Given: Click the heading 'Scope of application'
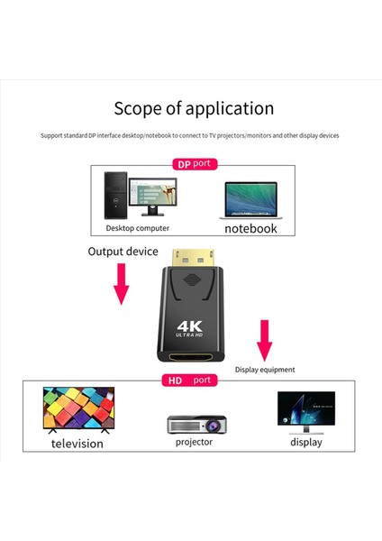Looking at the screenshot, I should [194, 109].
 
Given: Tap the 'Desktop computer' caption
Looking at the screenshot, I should [132, 229].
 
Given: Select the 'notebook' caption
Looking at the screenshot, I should [250, 229].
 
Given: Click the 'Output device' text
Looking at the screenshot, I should [123, 252].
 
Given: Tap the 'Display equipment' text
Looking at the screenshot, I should [265, 369].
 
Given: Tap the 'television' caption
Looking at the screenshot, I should [77, 444].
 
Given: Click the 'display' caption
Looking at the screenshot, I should [305, 442].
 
